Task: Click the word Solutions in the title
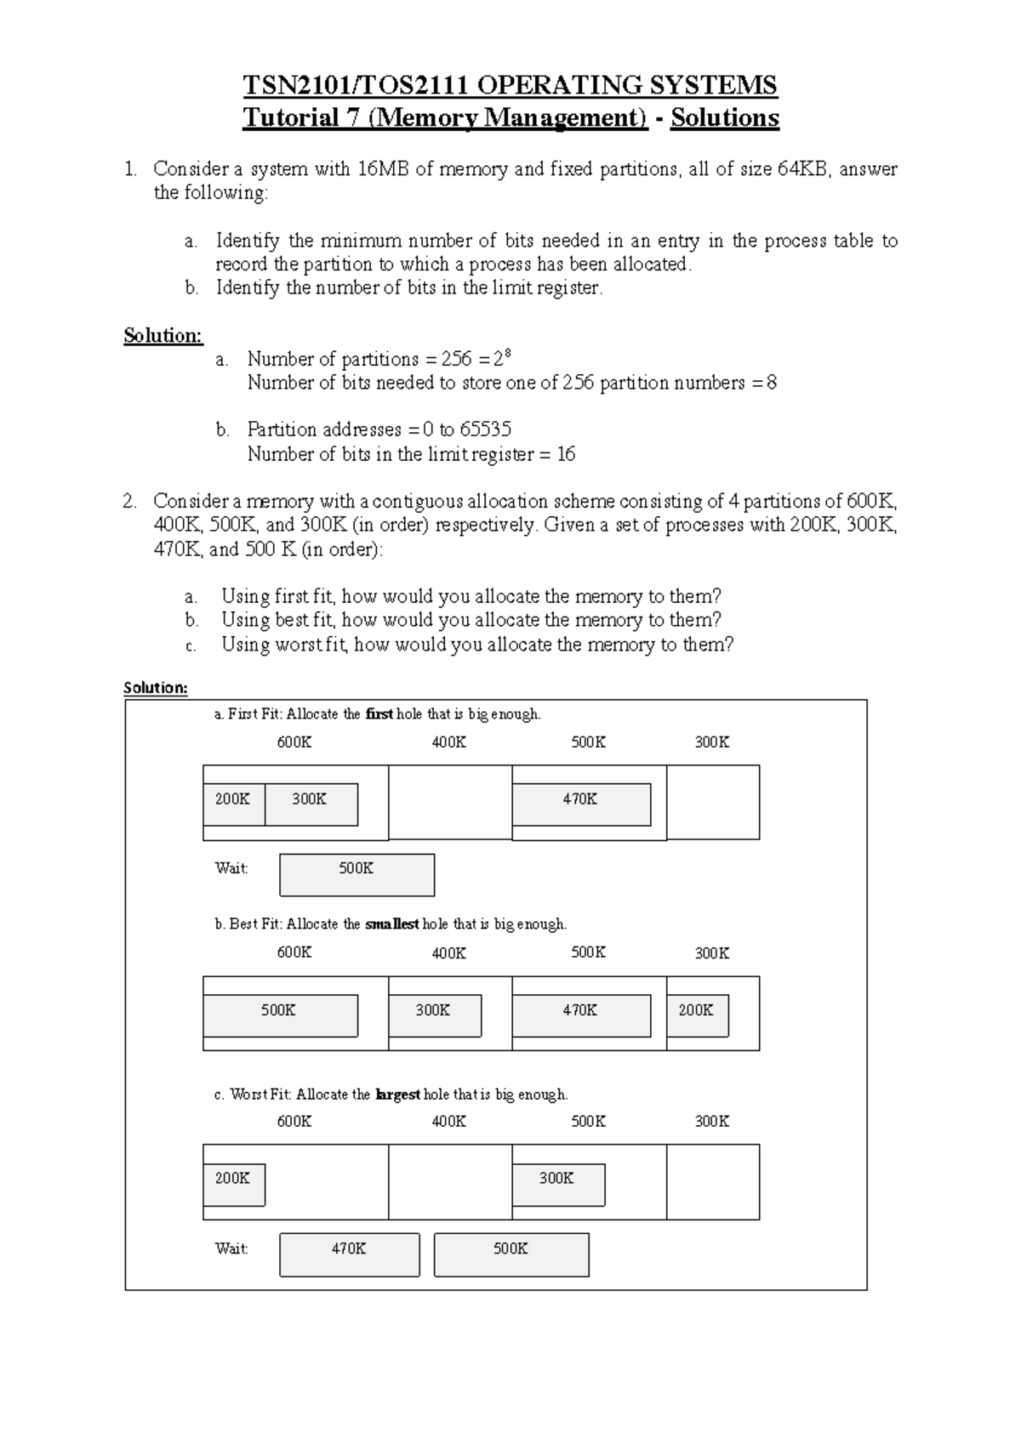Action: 724,117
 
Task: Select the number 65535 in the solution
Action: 486,429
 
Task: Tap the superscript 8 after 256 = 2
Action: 508,353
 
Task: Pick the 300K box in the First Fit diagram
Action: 311,804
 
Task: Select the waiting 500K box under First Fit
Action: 356,874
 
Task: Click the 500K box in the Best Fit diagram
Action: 280,1015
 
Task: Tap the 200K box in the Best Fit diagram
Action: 697,1015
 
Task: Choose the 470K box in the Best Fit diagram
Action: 580,1015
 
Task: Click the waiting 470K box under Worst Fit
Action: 349,1254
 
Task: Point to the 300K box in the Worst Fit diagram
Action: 557,1183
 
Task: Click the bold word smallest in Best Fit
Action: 392,924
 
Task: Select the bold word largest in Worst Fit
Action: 397,1094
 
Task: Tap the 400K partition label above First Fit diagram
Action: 448,742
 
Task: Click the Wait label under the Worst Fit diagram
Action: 231,1248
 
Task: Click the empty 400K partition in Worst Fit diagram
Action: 449,1182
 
